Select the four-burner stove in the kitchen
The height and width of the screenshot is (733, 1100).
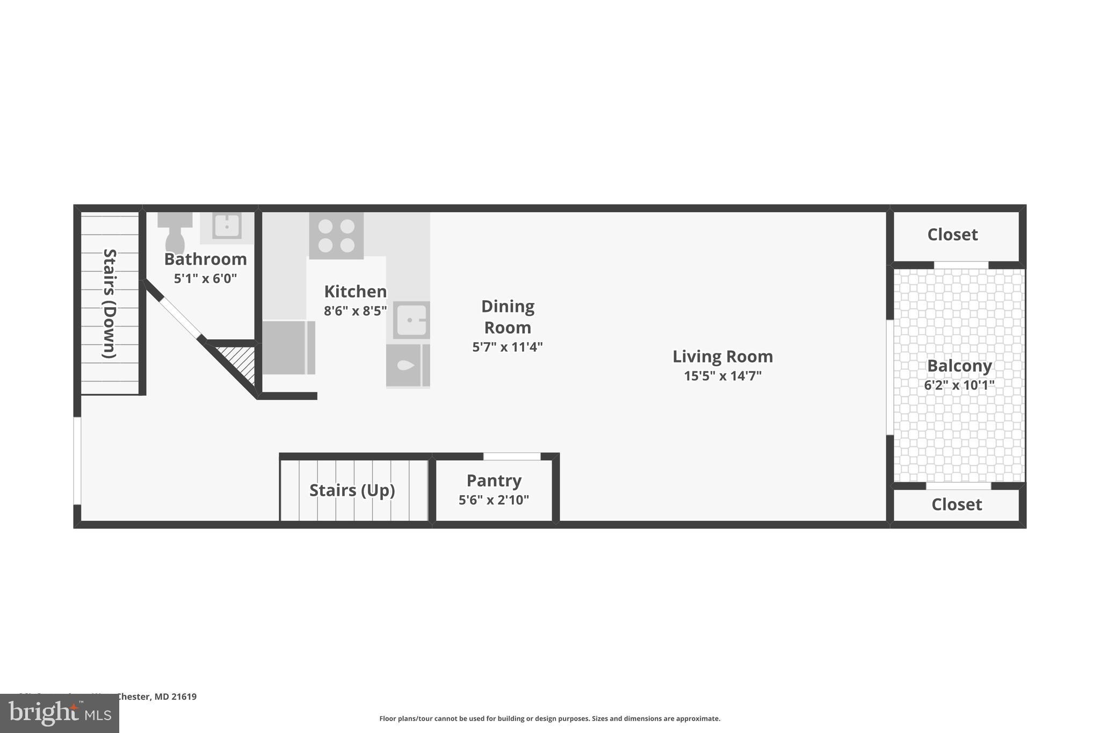(336, 236)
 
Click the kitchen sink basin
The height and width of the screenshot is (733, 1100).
(411, 320)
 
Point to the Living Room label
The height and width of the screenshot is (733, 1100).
(722, 357)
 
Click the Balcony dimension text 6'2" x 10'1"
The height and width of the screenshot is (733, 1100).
(959, 385)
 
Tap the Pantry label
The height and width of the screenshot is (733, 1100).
(494, 481)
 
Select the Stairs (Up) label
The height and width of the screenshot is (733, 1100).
(352, 490)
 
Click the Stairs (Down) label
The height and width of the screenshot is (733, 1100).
(110, 303)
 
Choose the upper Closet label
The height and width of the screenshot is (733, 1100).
(952, 235)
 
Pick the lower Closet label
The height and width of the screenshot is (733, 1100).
(957, 505)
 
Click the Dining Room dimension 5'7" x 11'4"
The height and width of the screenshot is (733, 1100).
(507, 347)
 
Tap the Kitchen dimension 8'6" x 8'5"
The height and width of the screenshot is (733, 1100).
(355, 311)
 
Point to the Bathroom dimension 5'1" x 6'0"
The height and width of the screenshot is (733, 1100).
(205, 279)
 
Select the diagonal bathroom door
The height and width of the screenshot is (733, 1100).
(180, 317)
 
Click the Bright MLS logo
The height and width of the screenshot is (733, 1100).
(60, 714)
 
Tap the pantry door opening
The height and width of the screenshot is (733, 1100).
(512, 456)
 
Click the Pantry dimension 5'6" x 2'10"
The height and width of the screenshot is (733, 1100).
(494, 500)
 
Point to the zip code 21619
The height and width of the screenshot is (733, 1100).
(184, 697)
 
